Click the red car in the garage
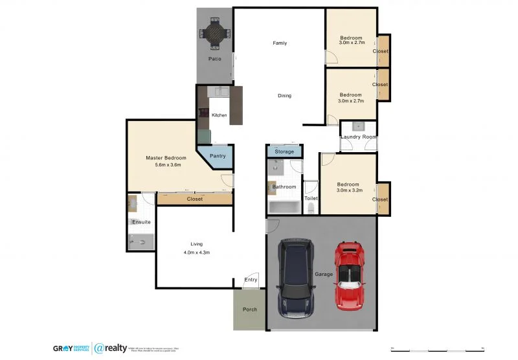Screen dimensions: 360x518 pyautogui.click(x=350, y=275)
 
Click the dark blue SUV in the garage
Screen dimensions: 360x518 pyautogui.click(x=295, y=276)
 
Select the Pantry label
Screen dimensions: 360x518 pyautogui.click(x=217, y=156)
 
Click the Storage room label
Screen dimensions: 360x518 pyautogui.click(x=284, y=152)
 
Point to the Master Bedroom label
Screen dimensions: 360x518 pyautogui.click(x=166, y=158)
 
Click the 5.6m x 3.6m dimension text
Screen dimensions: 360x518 pyautogui.click(x=168, y=165)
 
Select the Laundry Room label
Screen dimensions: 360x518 pyautogui.click(x=358, y=137)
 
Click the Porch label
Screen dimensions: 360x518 pyautogui.click(x=249, y=309)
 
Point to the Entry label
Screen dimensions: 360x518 pyautogui.click(x=250, y=280)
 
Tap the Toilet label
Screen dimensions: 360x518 pyautogui.click(x=311, y=198)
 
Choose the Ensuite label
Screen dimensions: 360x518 pyautogui.click(x=141, y=222)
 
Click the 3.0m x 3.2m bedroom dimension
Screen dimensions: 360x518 pyautogui.click(x=350, y=190)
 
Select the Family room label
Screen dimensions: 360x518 pyautogui.click(x=279, y=43)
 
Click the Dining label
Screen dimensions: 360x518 pyautogui.click(x=284, y=96)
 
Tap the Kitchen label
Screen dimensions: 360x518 pyautogui.click(x=219, y=115)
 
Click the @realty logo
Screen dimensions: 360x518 pyautogui.click(x=111, y=348)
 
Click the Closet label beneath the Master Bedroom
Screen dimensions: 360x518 pyautogui.click(x=194, y=199)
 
